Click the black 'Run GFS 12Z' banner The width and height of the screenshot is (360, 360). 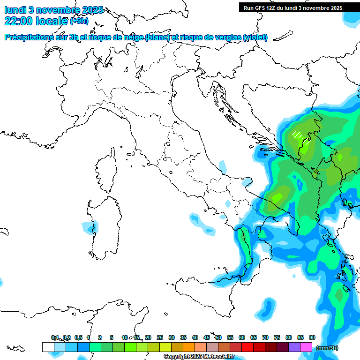[299, 7]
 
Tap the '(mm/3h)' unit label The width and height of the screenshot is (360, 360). [327, 348]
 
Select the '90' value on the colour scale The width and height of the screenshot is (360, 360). [312, 337]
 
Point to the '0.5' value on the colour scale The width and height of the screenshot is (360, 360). [78, 337]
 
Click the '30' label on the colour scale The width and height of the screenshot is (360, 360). [172, 337]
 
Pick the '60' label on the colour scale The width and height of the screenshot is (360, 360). [242, 337]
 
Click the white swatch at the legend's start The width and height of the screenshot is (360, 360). [48, 347]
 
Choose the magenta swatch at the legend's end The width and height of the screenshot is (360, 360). [306, 347]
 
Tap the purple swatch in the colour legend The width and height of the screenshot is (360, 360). [294, 347]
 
